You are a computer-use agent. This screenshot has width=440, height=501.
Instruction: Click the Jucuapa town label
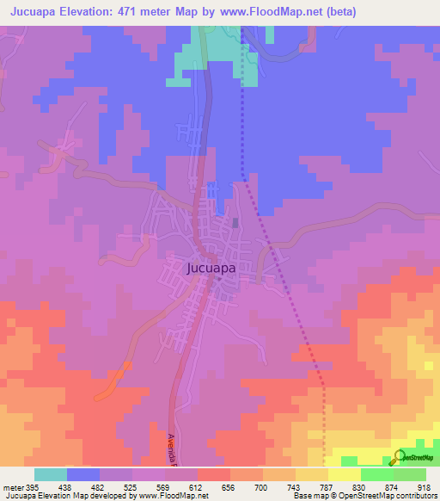[211, 268]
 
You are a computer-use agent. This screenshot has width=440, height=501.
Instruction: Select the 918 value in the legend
[424, 486]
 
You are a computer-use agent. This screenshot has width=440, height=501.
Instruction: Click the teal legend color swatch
[51, 474]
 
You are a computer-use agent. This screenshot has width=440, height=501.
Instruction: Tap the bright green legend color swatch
[376, 474]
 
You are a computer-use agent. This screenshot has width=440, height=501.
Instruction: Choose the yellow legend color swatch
[344, 474]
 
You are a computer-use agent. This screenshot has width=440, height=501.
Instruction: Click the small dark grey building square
[236, 224]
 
